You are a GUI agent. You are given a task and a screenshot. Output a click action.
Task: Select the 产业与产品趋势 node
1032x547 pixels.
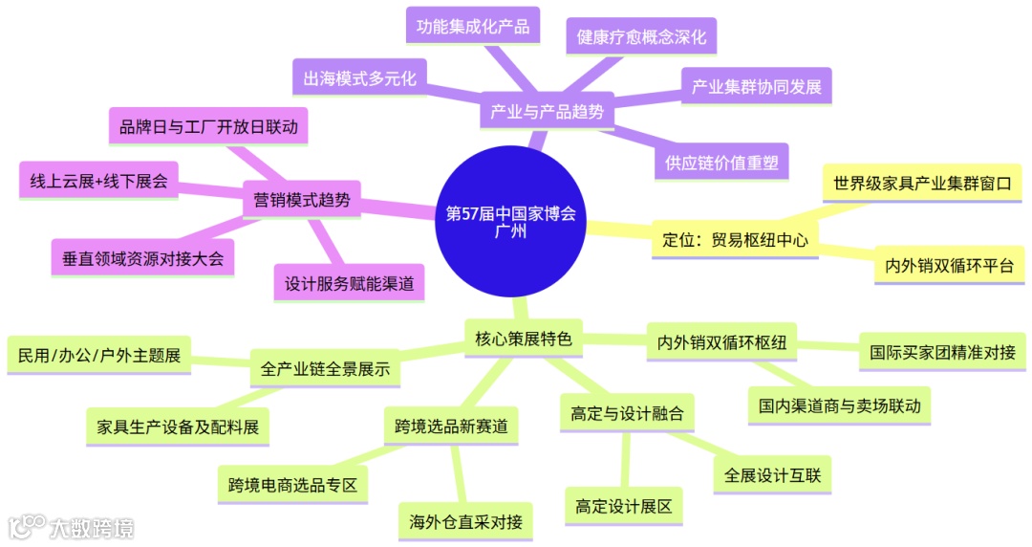point(547,112)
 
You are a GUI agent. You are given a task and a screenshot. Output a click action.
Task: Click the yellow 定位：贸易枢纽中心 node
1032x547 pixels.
point(735,240)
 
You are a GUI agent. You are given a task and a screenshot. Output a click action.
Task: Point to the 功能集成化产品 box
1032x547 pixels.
point(472,27)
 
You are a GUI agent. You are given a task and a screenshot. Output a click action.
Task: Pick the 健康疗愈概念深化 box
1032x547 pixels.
point(641,37)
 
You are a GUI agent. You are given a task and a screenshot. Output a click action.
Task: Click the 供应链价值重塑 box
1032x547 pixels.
point(721,163)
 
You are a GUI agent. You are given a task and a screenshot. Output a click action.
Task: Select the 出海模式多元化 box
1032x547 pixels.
point(359,78)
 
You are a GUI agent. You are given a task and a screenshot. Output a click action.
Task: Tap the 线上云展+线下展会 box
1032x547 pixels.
point(98,181)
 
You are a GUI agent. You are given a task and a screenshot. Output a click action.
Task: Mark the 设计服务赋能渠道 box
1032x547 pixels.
point(349,284)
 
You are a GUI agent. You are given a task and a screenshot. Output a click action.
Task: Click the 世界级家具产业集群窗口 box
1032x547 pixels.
point(921,183)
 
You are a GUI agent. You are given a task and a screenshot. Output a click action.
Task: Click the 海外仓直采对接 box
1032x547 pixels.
point(465,522)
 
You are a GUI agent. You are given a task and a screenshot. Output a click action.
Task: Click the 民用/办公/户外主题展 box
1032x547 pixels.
point(98,356)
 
